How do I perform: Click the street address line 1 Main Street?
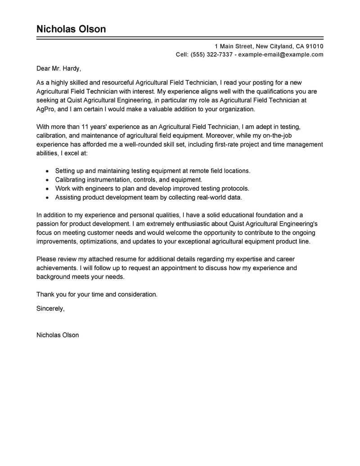point(269,46)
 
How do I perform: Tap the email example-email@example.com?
point(280,55)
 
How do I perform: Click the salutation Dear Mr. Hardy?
point(58,69)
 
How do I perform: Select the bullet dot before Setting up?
point(48,172)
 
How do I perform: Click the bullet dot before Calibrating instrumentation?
point(48,180)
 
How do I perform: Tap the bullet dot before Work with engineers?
point(48,189)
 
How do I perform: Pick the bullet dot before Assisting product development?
point(48,198)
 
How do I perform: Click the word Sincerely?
point(50,309)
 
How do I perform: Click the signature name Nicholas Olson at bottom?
point(58,335)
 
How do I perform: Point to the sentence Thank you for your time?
point(97,294)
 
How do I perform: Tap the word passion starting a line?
point(47,224)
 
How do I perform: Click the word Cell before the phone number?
point(182,55)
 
